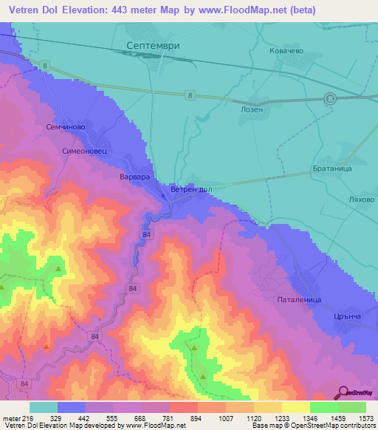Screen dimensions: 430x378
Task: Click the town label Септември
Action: pyautogui.click(x=154, y=45)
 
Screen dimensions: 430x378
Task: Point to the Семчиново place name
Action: pyautogui.click(x=66, y=126)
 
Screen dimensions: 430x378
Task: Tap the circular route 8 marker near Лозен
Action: pyautogui.click(x=331, y=98)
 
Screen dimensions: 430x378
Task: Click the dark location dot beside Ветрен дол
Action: pyautogui.click(x=163, y=195)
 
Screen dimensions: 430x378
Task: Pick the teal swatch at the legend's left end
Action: pyautogui.click(x=44, y=407)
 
